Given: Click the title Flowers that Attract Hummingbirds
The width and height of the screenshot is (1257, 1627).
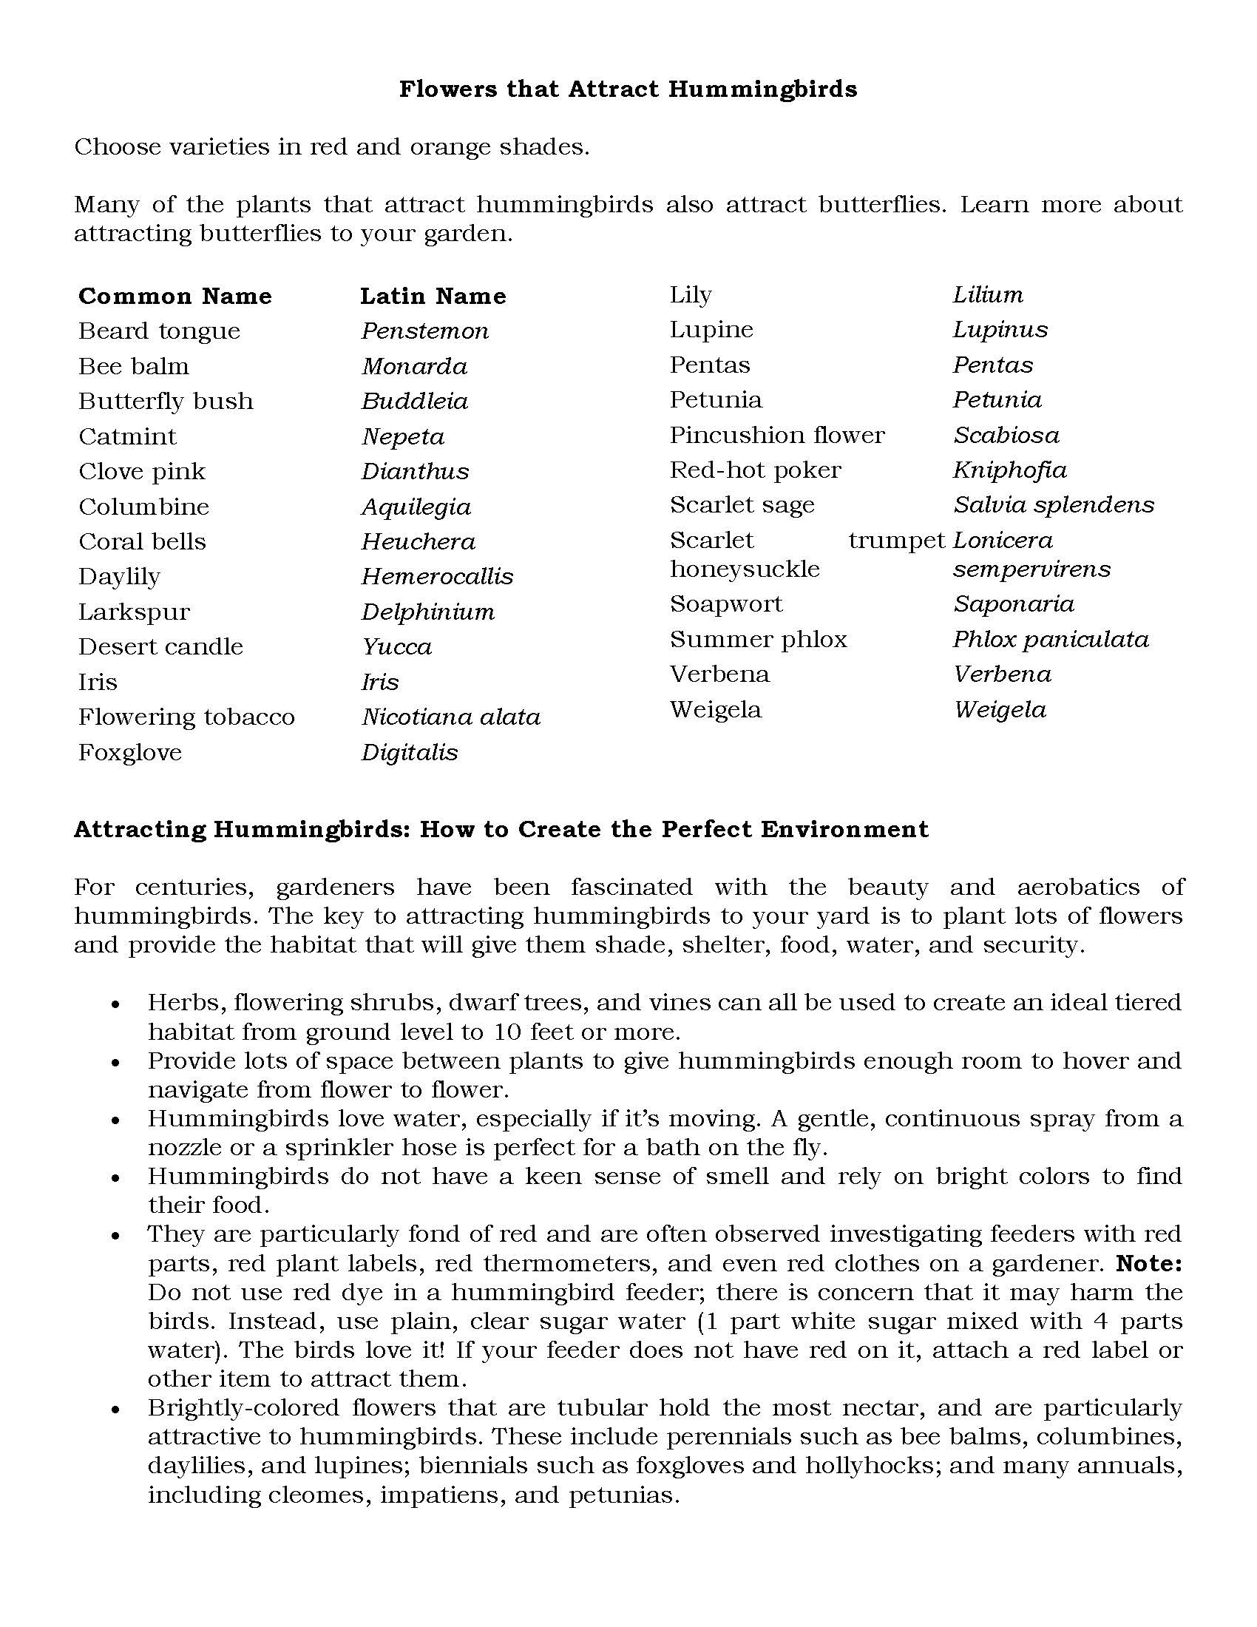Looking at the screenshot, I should pyautogui.click(x=628, y=89).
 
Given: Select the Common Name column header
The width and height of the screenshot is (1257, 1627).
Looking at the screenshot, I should pyautogui.click(x=175, y=297).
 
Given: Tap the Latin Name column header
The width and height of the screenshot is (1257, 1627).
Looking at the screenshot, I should pyautogui.click(x=433, y=297).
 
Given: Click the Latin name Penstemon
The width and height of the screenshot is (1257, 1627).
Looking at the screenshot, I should pyautogui.click(x=425, y=331).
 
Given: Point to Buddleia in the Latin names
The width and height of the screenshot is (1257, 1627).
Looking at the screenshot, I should pyautogui.click(x=415, y=402).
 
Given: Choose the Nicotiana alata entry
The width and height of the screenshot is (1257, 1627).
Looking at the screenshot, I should pyautogui.click(x=450, y=717).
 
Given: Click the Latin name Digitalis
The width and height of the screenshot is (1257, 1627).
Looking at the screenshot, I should pyautogui.click(x=410, y=752).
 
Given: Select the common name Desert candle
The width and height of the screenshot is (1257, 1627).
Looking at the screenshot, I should pyautogui.click(x=161, y=646).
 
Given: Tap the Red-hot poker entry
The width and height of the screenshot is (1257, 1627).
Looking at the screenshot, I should pyautogui.click(x=755, y=470).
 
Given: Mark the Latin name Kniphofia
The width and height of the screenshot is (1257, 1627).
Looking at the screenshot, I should pyautogui.click(x=1010, y=470).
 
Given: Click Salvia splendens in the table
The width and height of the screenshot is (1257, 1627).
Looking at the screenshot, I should pyautogui.click(x=1054, y=505).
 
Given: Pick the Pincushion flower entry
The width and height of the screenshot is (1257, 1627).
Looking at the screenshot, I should pyautogui.click(x=776, y=435).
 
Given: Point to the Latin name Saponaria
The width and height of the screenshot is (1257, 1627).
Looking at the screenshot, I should pyautogui.click(x=1014, y=604).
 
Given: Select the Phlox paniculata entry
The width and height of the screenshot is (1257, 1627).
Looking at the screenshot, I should pyautogui.click(x=1051, y=639).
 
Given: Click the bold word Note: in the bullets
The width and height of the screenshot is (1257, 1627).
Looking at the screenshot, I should pyautogui.click(x=1150, y=1263).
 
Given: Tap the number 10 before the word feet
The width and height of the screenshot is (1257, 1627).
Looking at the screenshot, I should pyautogui.click(x=507, y=1032).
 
